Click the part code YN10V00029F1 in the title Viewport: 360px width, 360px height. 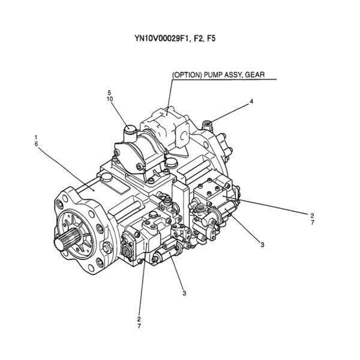(161, 40)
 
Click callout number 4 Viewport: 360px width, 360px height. (251, 101)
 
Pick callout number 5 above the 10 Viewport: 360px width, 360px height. (109, 92)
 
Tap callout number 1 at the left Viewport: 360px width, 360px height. (37, 138)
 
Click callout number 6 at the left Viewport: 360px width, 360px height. (37, 145)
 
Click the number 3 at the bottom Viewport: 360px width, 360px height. (184, 293)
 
